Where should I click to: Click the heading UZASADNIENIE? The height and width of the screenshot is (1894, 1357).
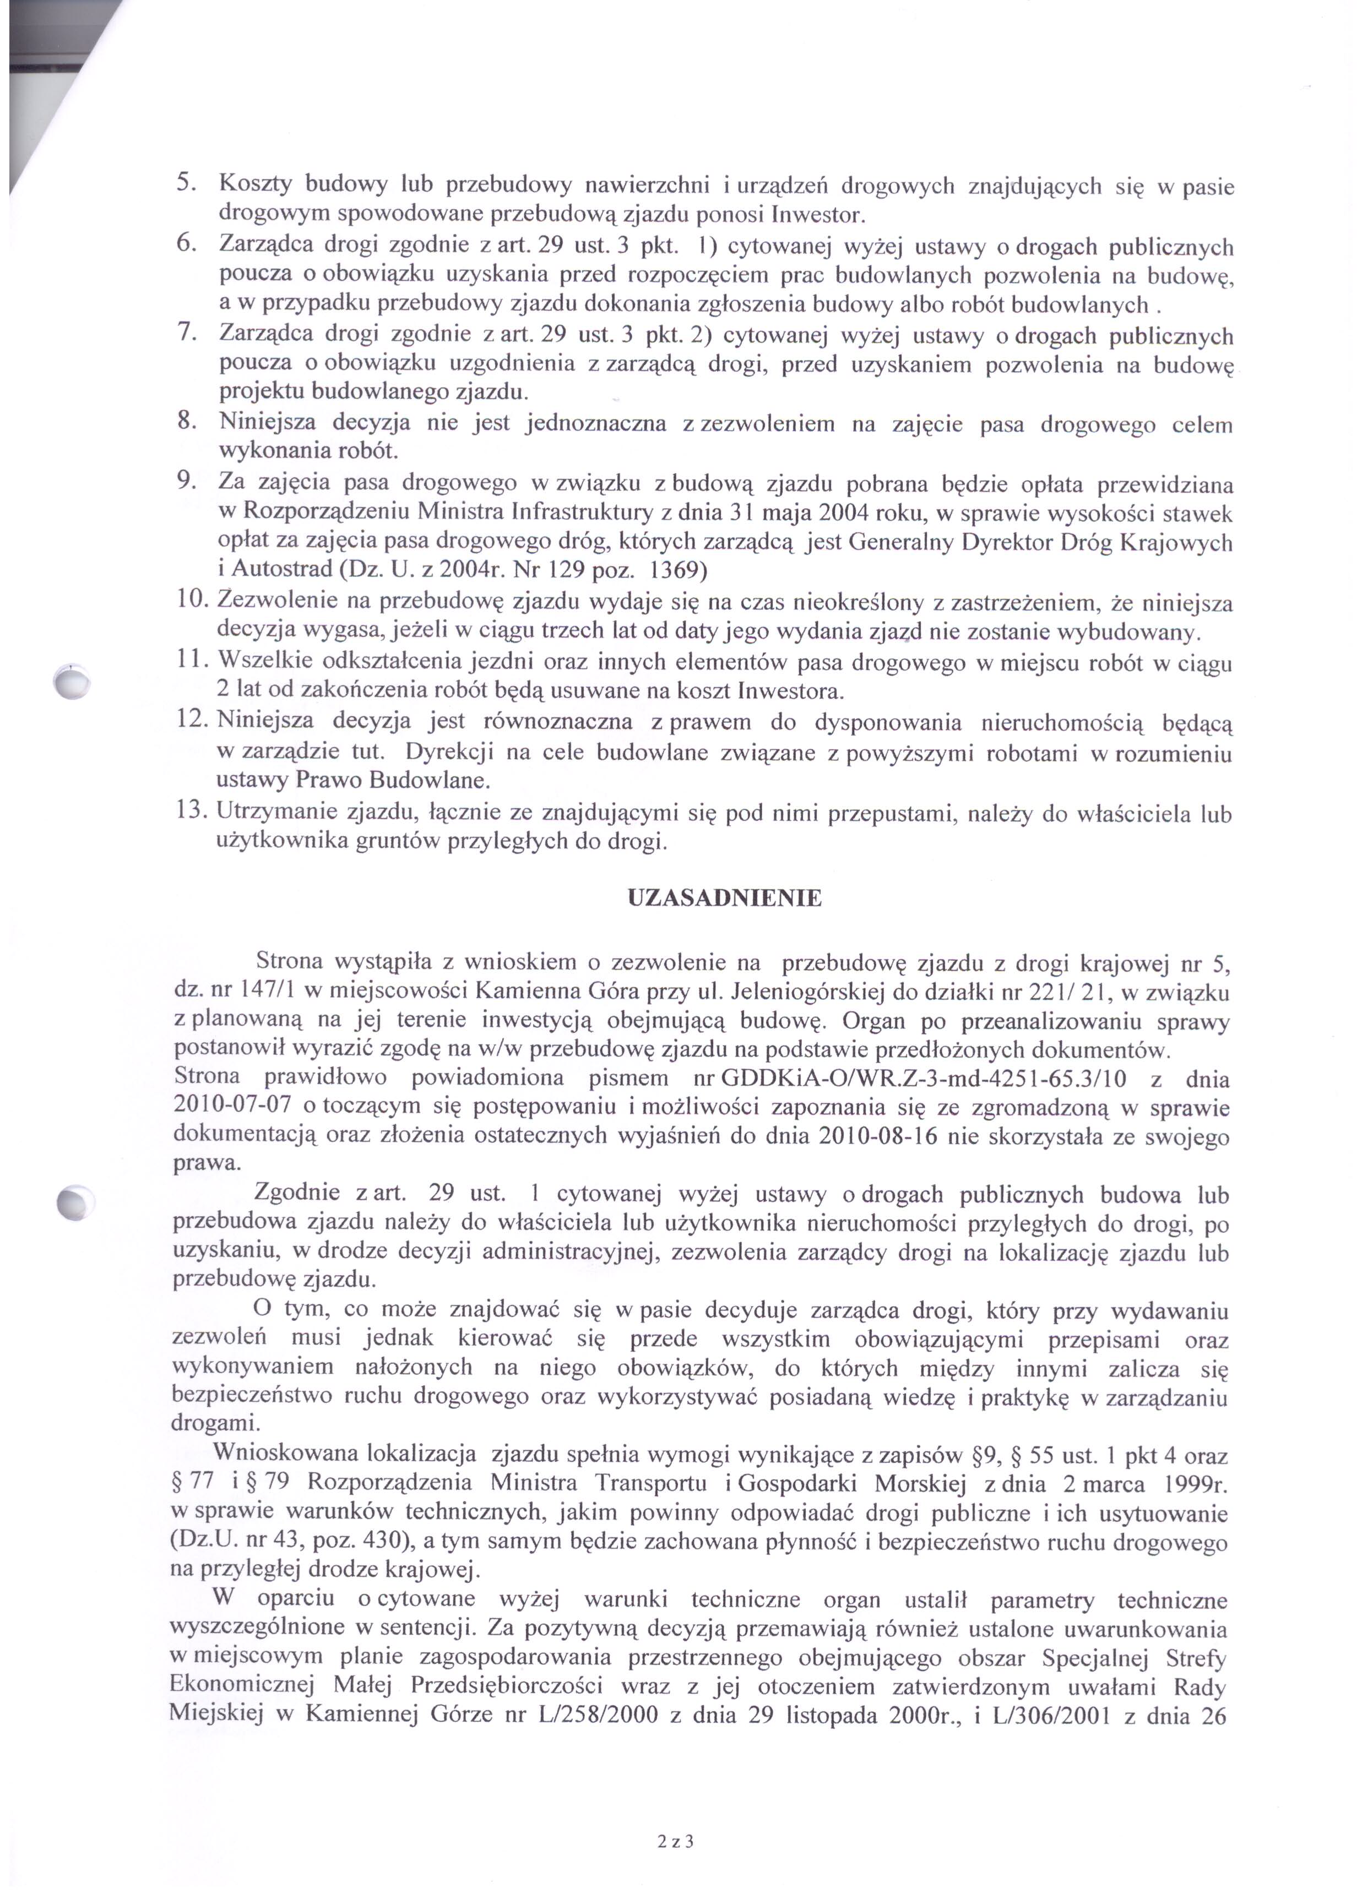point(724,899)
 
